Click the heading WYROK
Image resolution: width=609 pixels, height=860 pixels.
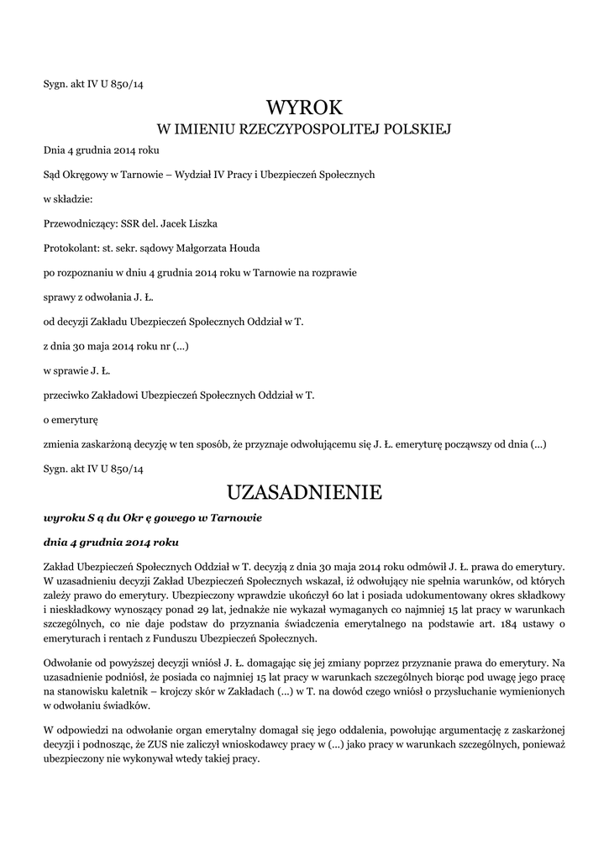point(304,107)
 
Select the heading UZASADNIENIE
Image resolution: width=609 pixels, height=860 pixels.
point(304,492)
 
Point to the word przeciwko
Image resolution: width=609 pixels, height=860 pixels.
point(67,395)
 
